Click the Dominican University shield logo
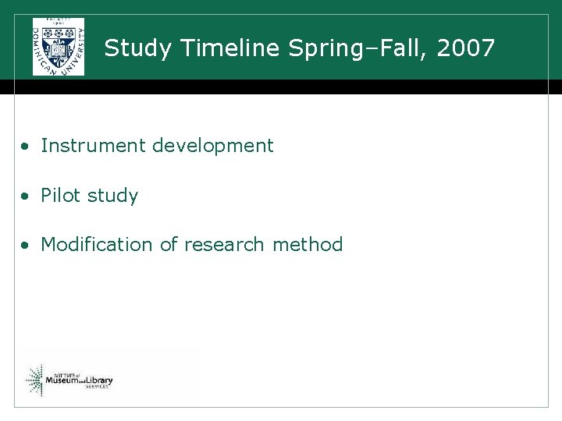point(59,47)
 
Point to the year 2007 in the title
point(466,48)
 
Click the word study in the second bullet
point(112,196)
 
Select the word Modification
point(98,245)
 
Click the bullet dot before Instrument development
point(27,147)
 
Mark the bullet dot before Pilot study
point(27,196)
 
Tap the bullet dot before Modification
point(27,246)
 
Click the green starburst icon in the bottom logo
point(34,379)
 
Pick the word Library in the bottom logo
point(98,380)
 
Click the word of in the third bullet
point(169,245)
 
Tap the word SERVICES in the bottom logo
point(98,387)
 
